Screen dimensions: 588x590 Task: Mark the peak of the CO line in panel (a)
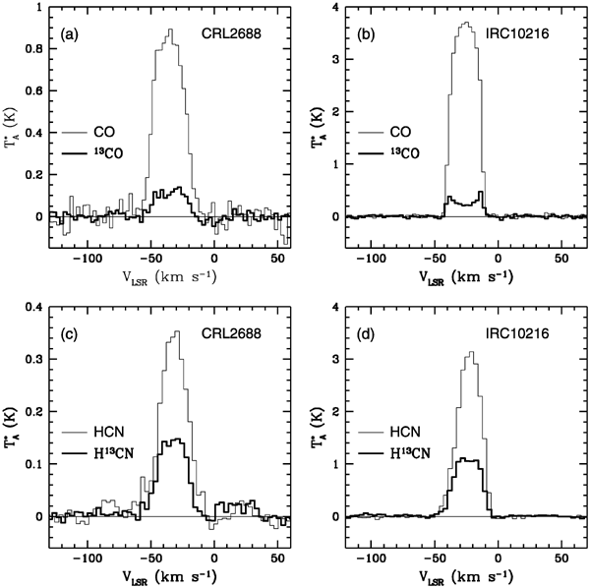171,30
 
